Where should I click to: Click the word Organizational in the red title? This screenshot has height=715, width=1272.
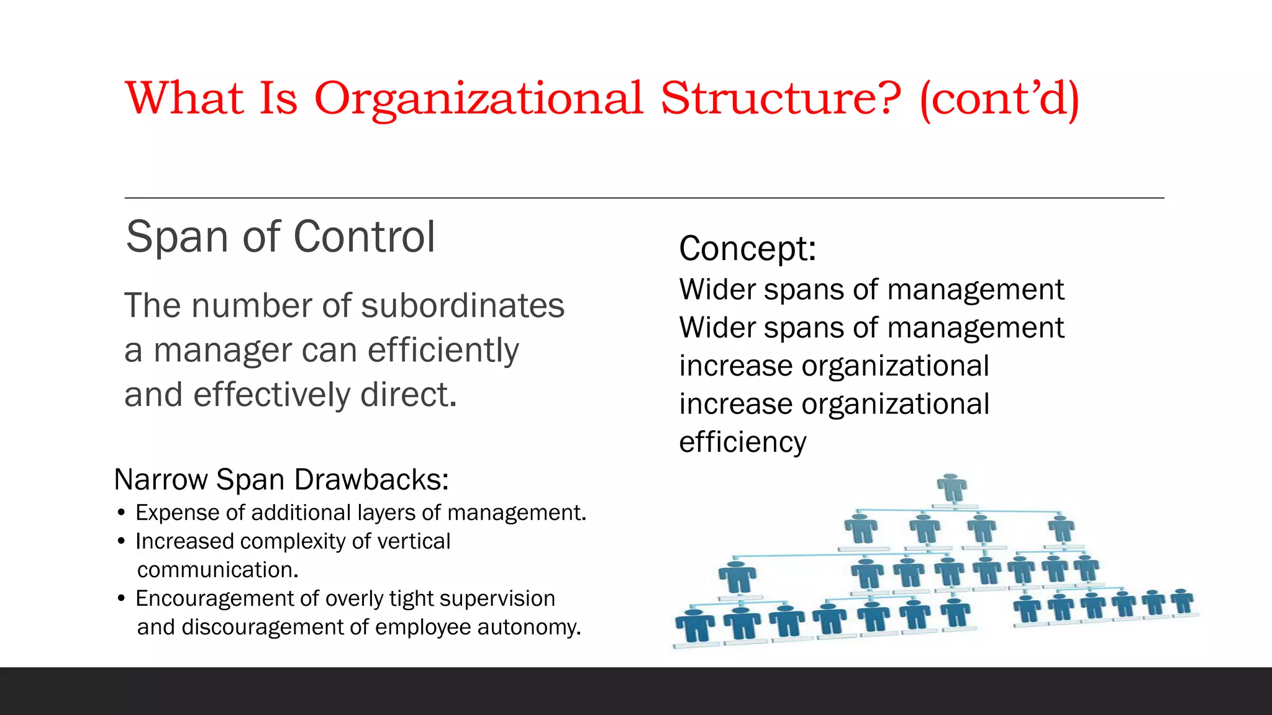478,99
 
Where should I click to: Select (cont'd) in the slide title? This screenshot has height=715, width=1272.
999,99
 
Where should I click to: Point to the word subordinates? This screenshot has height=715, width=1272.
462,305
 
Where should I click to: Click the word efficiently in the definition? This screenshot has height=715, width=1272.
443,351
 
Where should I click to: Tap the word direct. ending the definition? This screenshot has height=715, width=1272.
408,395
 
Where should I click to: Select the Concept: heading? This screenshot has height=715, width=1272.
747,248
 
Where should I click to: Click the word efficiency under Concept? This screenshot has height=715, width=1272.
742,443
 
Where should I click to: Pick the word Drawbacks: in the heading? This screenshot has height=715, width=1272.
371,480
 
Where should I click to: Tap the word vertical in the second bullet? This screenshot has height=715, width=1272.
414,541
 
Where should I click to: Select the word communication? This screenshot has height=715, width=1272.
217,570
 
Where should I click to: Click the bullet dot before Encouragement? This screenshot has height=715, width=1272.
121,599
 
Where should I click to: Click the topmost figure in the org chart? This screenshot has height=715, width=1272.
952,488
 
